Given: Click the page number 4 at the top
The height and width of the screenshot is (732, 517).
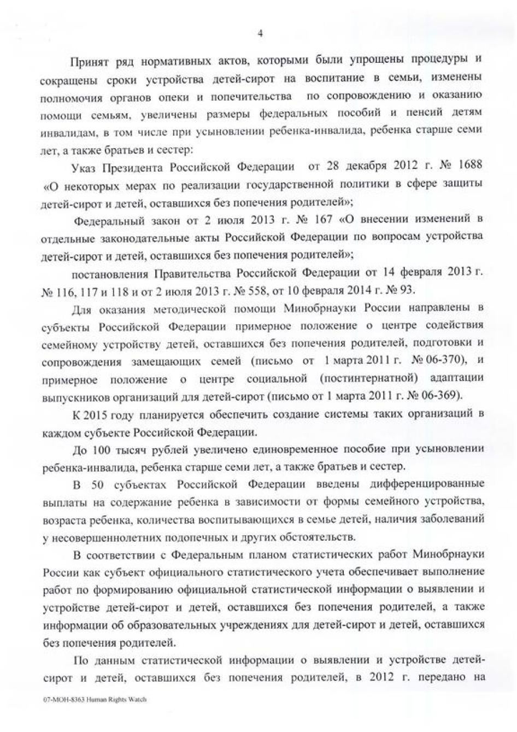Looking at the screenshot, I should pos(260,34).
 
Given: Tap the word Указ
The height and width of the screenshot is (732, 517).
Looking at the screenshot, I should pos(85,166).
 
